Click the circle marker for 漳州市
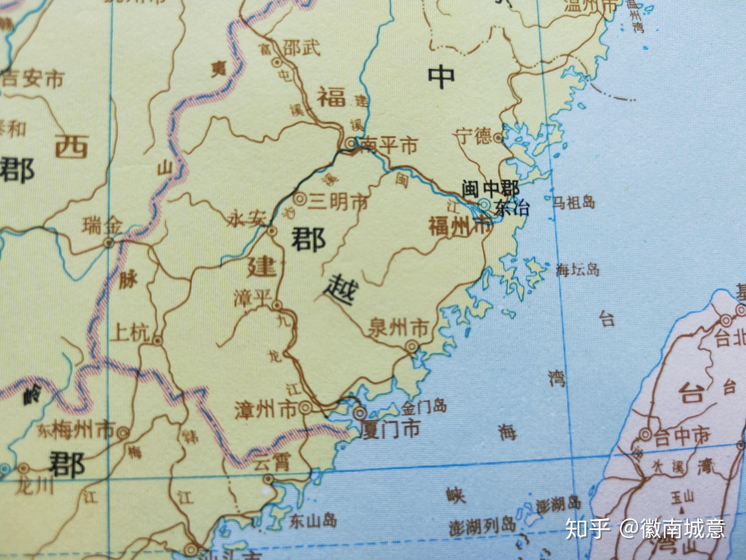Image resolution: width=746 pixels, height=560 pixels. pyautogui.click(x=305, y=408)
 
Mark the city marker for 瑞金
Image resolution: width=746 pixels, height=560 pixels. pyautogui.click(x=108, y=242)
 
